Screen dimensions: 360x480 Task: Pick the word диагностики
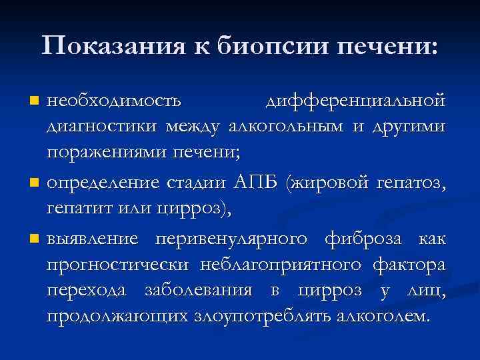point(102,126)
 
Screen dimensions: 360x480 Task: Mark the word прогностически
point(117,265)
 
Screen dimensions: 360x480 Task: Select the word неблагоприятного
point(281,265)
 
